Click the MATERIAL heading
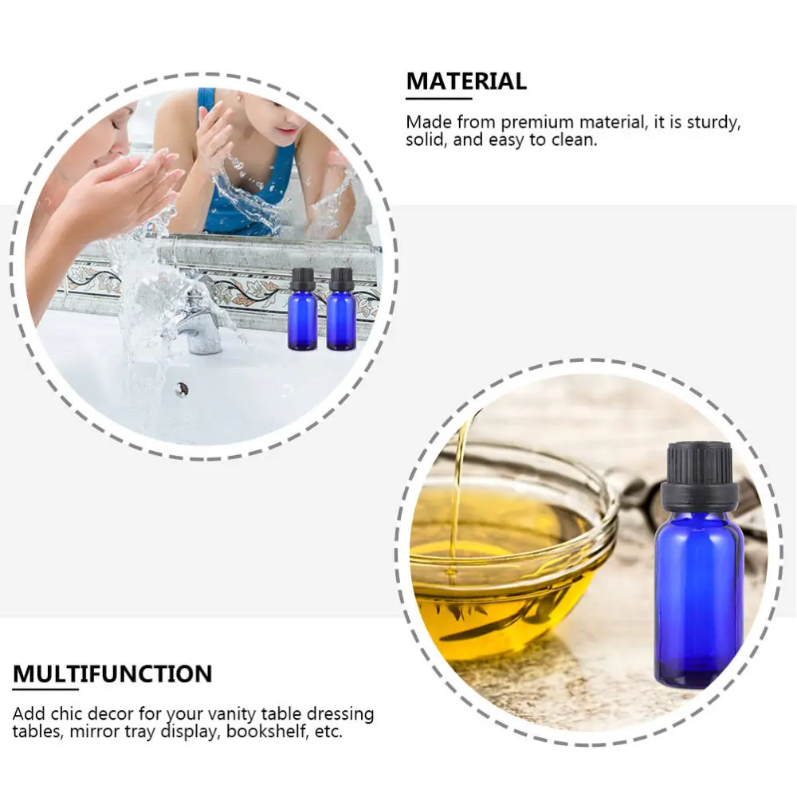[466, 81]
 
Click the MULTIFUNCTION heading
[112, 674]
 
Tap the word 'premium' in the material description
[539, 122]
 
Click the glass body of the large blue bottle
[698, 598]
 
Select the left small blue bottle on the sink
[302, 319]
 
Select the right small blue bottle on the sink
[341, 319]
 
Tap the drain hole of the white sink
[183, 389]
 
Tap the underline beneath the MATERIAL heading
[439, 99]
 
